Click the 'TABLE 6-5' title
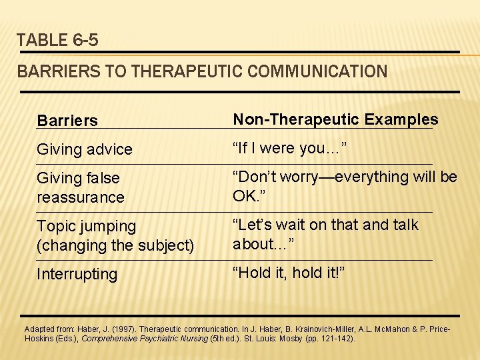click(x=58, y=40)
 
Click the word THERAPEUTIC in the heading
click(x=178, y=71)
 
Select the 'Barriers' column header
click(x=67, y=121)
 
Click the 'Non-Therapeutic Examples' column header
click(x=335, y=119)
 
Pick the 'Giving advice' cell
click(x=85, y=149)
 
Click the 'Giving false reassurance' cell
click(x=81, y=187)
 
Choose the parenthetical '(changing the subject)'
click(x=115, y=245)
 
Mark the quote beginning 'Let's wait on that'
click(x=325, y=234)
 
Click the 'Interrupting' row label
click(x=77, y=274)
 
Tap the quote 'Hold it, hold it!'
click(x=289, y=273)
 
